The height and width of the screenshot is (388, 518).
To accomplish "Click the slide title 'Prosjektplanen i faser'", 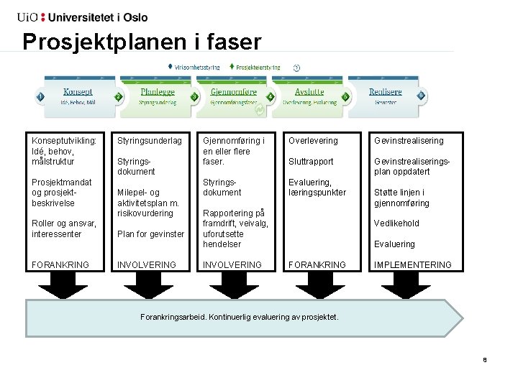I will point(142,42).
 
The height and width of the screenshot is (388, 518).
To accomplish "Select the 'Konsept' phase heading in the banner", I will point(78,92).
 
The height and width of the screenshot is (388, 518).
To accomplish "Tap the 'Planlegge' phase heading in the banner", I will point(158,92).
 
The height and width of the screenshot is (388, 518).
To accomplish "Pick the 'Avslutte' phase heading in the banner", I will point(309,92).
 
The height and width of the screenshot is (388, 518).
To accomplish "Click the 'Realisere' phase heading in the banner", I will point(385,92).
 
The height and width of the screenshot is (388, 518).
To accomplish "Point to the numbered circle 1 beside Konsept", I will point(41,96).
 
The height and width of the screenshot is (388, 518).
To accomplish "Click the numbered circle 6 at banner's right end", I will point(421,96).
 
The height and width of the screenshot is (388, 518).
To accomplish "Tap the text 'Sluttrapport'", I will point(311,162).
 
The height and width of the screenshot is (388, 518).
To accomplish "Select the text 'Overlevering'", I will point(313,141).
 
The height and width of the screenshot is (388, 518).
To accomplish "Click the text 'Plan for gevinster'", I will point(150,234).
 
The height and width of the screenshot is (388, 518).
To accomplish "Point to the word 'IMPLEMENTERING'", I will point(413,264).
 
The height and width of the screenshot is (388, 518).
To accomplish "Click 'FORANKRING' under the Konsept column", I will point(60,264).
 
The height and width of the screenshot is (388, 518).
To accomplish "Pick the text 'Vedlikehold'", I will point(396,223).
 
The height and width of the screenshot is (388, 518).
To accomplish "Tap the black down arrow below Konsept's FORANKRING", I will point(60,286).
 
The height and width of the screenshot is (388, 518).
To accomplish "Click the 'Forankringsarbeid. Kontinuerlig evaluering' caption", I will point(239,317).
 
